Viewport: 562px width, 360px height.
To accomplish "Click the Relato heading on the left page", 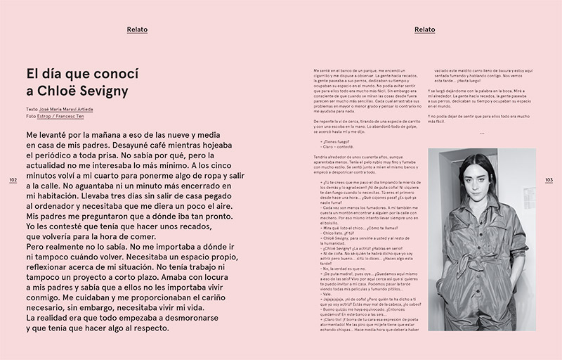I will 137,30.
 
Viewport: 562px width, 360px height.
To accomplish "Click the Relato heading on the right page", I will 425,30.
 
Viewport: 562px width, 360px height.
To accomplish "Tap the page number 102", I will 13,180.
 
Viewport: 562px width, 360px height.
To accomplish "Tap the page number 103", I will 549,180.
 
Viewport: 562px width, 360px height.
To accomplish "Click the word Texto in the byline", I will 32,110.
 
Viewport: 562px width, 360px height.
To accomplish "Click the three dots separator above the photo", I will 482,133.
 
